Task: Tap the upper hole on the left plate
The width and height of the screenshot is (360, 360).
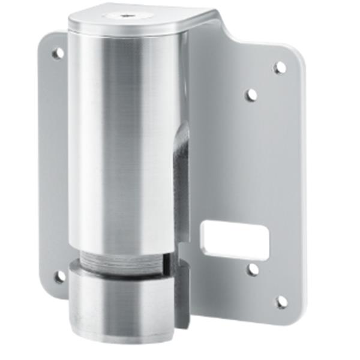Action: click(58, 53)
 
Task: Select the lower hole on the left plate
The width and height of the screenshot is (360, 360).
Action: click(60, 277)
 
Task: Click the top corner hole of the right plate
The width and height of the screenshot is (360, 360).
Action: click(280, 67)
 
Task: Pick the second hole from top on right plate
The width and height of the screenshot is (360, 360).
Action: click(252, 94)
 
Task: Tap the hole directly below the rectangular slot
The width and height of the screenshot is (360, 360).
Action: click(253, 269)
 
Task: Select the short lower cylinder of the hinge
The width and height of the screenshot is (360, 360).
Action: click(120, 300)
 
